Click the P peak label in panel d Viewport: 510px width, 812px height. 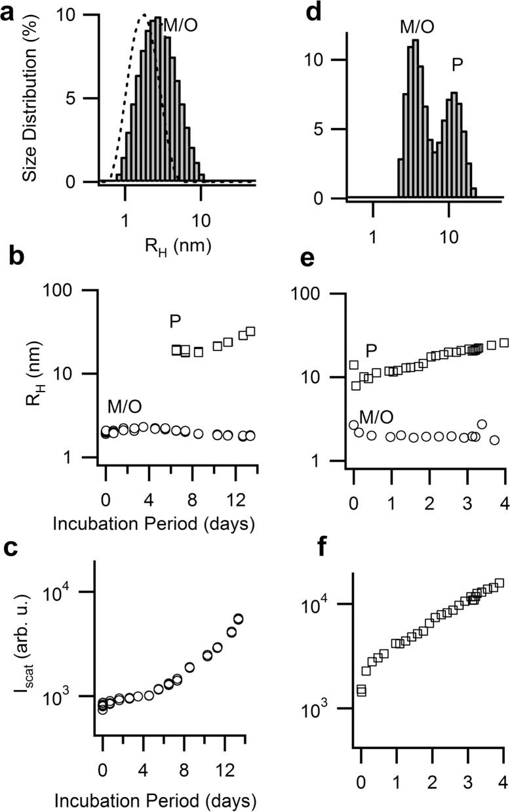pos(460,64)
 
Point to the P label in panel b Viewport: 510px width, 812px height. pos(175,321)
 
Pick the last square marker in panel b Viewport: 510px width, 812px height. pos(250,331)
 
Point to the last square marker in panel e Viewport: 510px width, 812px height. pos(504,342)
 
